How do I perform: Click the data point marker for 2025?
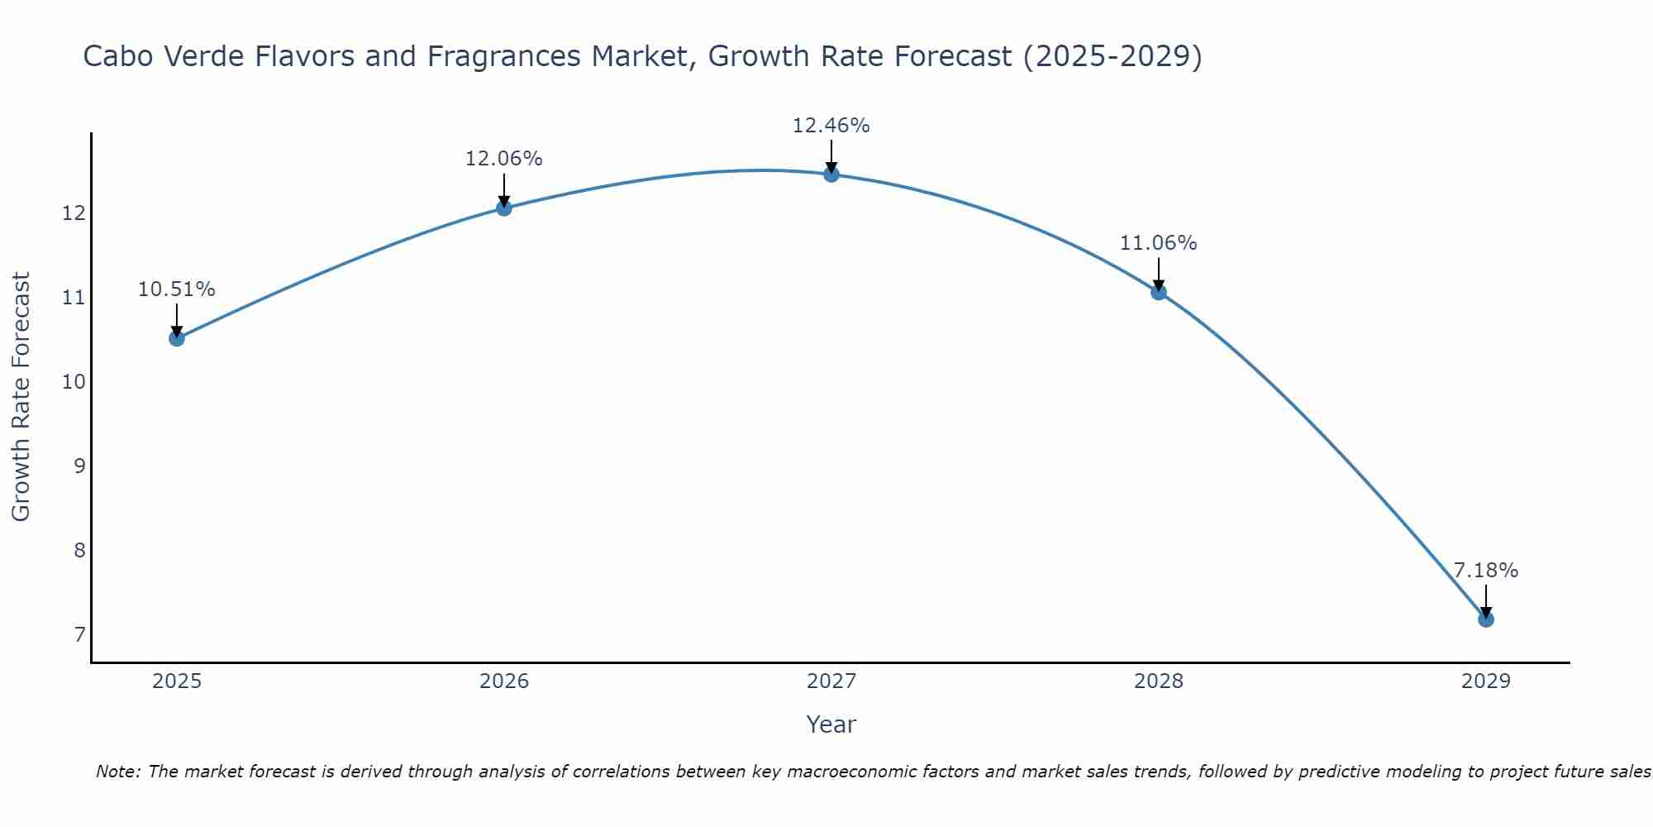pyautogui.click(x=177, y=338)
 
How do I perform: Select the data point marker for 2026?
pyautogui.click(x=504, y=208)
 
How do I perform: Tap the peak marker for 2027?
pyautogui.click(x=831, y=174)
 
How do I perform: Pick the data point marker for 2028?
pyautogui.click(x=1159, y=292)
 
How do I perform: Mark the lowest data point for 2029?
pyautogui.click(x=1486, y=619)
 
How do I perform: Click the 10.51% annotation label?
pyautogui.click(x=176, y=289)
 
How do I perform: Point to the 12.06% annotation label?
pyautogui.click(x=503, y=159)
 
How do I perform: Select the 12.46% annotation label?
pyautogui.click(x=831, y=126)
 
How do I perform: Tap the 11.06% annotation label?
pyautogui.click(x=1158, y=243)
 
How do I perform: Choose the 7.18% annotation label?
pyautogui.click(x=1485, y=571)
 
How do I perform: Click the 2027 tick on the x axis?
pyautogui.click(x=831, y=681)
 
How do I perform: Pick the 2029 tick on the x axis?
pyautogui.click(x=1486, y=681)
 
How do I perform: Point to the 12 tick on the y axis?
pyautogui.click(x=74, y=213)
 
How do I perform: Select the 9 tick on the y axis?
pyautogui.click(x=79, y=466)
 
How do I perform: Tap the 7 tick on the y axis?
pyautogui.click(x=79, y=634)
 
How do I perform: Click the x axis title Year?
pyautogui.click(x=831, y=724)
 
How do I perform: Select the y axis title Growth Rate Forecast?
pyautogui.click(x=21, y=397)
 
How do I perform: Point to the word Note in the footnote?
pyautogui.click(x=118, y=772)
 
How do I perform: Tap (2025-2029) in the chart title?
pyautogui.click(x=1112, y=56)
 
